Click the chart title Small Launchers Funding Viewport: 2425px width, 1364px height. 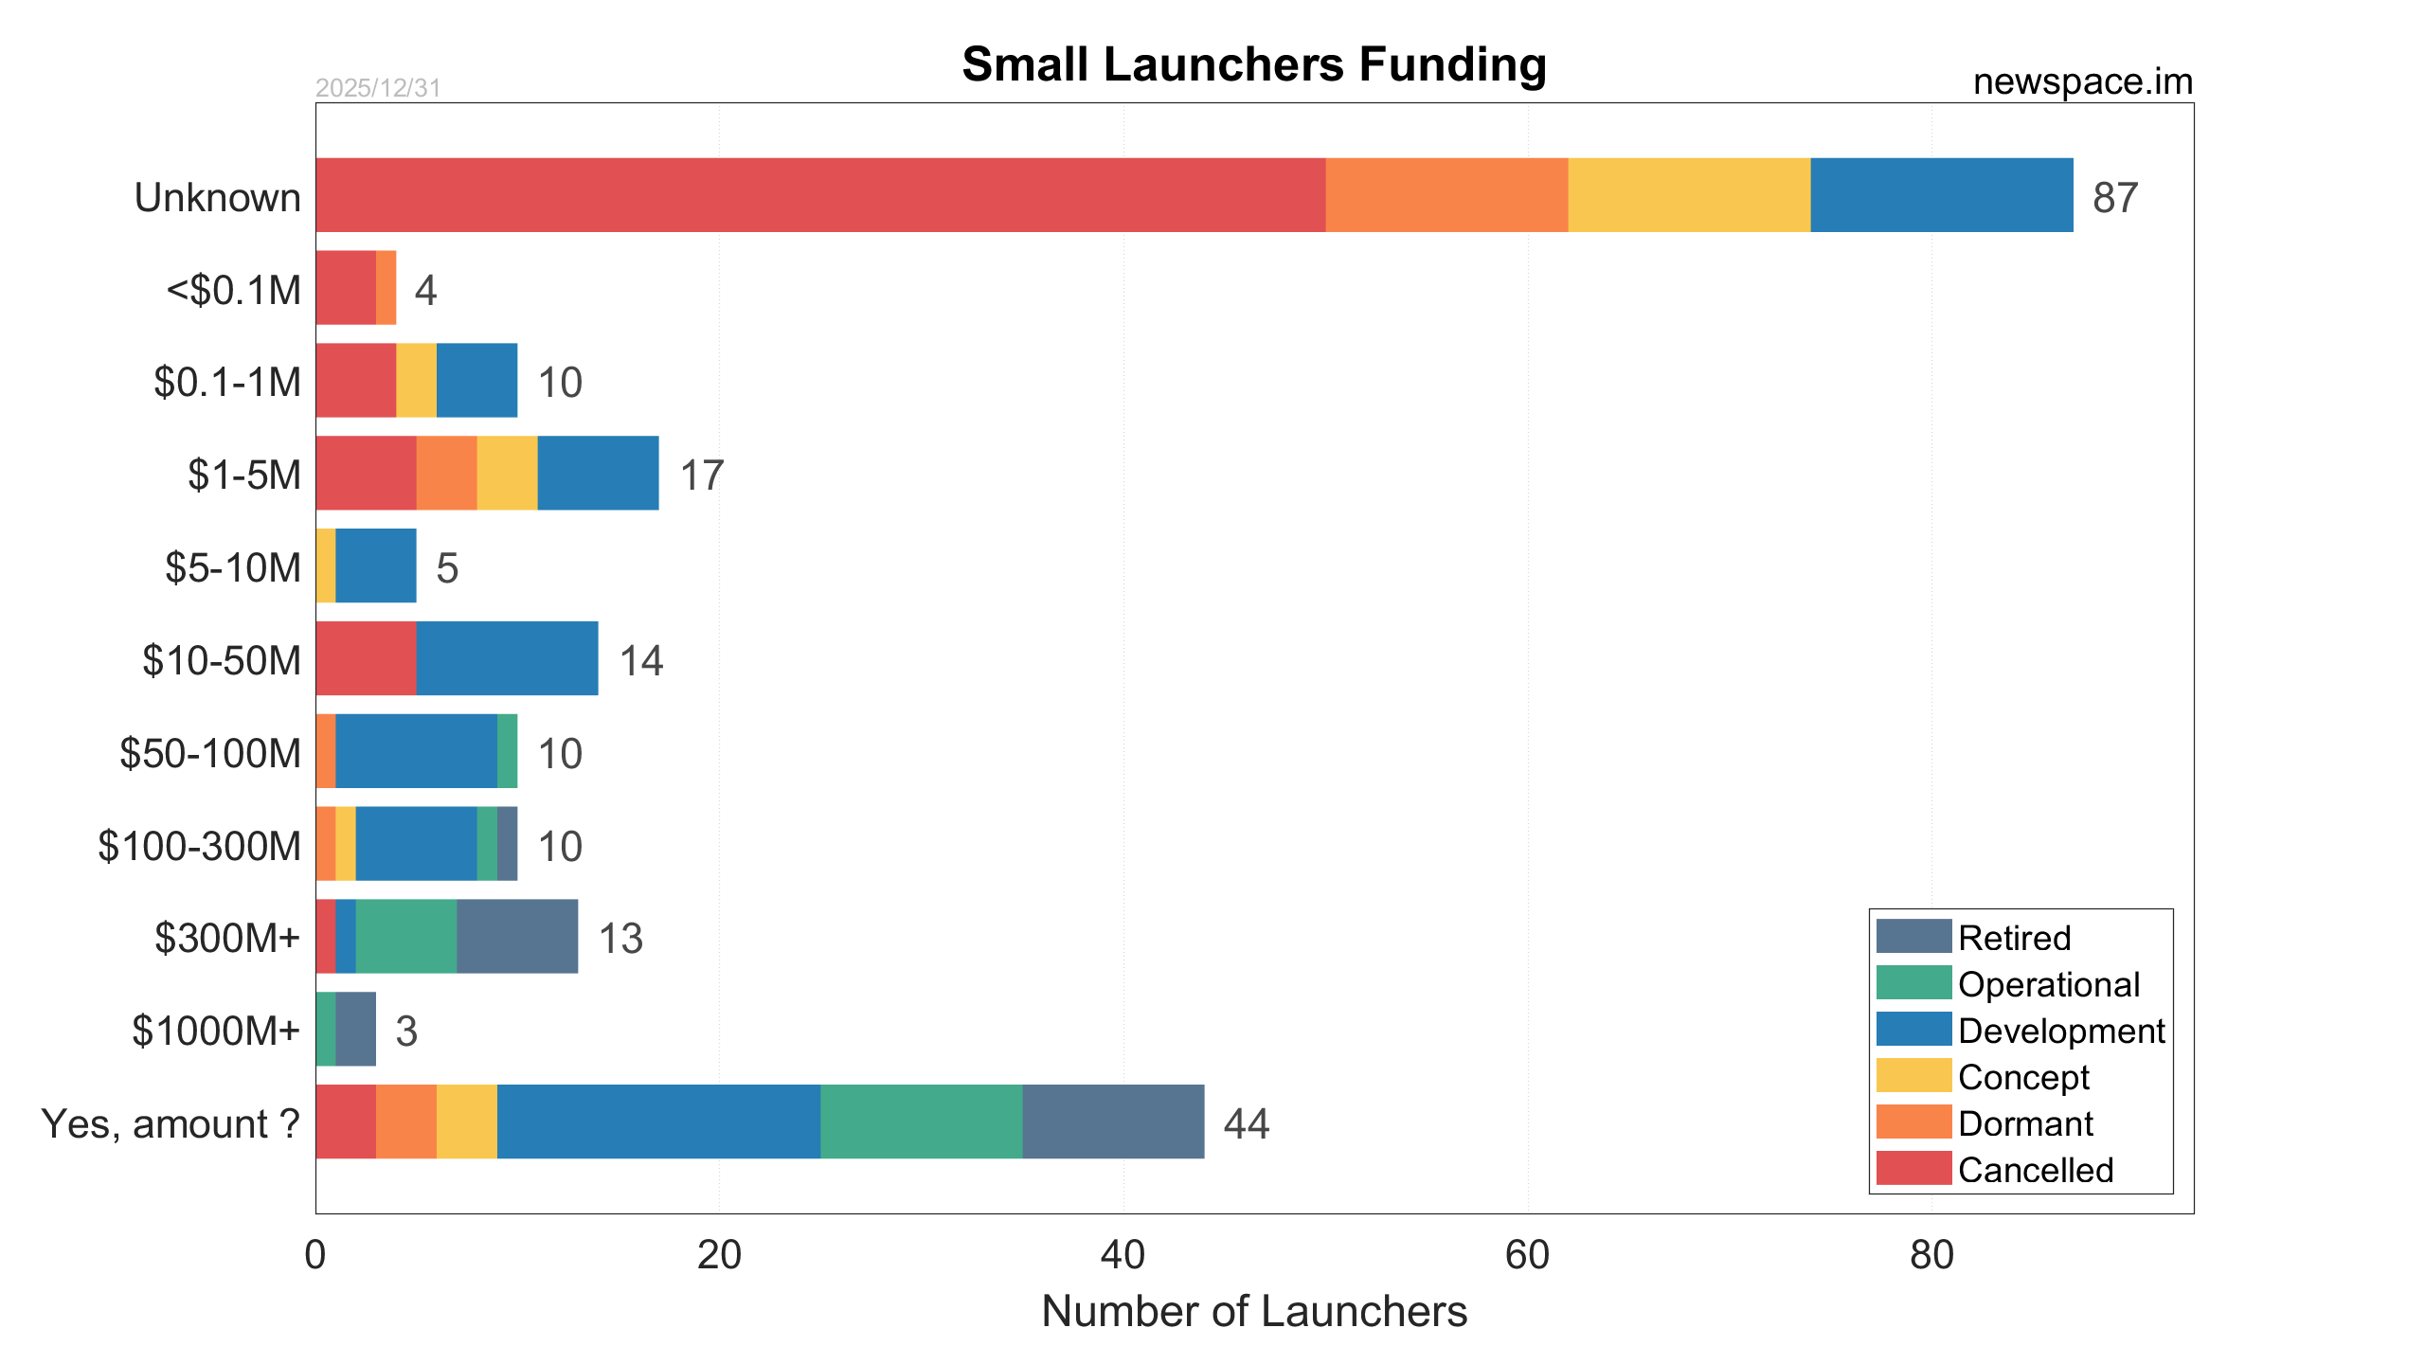point(1253,64)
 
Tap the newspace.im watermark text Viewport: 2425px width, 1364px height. point(2082,82)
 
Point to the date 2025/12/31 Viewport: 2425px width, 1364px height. point(378,88)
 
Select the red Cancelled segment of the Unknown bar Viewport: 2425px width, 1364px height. point(819,195)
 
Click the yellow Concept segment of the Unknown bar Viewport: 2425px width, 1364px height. point(1688,195)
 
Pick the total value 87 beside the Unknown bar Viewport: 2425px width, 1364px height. point(2114,198)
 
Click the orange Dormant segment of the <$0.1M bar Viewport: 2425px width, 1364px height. point(386,288)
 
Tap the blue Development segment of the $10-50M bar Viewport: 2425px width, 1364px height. point(507,658)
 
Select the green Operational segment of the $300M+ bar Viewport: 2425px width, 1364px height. point(405,936)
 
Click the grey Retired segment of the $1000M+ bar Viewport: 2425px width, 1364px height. point(356,1029)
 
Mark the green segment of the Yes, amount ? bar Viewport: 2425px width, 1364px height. point(921,1122)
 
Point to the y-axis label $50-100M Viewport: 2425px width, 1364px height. point(210,753)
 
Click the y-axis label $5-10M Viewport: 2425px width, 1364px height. point(233,567)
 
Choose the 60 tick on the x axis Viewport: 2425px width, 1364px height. point(1527,1255)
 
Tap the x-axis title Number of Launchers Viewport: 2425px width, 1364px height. point(1253,1312)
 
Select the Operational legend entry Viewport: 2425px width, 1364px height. point(2048,984)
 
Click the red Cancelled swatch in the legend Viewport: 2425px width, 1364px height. point(1913,1169)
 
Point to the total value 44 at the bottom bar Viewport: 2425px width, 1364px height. point(1246,1123)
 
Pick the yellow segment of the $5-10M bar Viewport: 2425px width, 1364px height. point(326,565)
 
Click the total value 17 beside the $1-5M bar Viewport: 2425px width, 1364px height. point(702,476)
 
